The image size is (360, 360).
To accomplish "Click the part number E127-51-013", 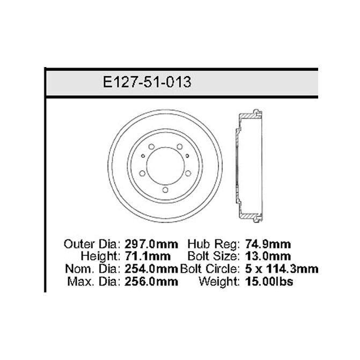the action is coord(147,82).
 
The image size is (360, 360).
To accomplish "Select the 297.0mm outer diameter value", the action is coord(151,244).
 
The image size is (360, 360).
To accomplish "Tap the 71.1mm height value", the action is coord(148,256).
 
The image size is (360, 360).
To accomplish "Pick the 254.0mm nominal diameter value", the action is coord(151,269).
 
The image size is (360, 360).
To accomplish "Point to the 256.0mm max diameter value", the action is coord(151,282).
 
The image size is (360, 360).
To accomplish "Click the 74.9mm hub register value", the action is coord(268,244).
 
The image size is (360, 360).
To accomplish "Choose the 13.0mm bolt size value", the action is coord(268,256).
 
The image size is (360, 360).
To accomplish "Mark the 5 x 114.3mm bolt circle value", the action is coord(282,269).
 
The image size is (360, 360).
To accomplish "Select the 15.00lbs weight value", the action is coord(269,282).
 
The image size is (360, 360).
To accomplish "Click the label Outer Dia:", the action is coord(92,244).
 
